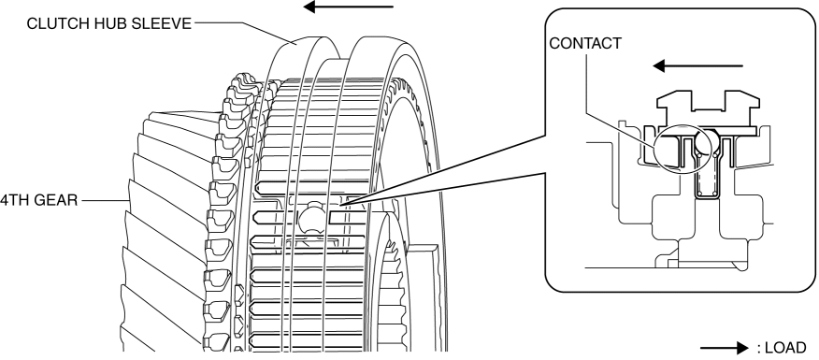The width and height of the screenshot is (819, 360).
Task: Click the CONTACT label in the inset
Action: (585, 43)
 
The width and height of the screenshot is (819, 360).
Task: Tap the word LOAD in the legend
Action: (786, 348)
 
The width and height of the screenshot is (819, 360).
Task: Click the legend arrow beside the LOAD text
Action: (725, 348)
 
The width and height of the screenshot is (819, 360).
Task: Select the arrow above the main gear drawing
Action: (348, 7)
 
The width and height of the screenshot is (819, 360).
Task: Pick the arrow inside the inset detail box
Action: (697, 65)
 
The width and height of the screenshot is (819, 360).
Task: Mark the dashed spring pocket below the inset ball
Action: (707, 177)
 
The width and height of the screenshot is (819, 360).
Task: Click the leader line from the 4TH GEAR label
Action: (106, 200)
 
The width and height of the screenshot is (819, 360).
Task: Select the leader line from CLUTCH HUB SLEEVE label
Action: (244, 32)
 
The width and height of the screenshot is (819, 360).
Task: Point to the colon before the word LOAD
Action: (758, 349)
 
